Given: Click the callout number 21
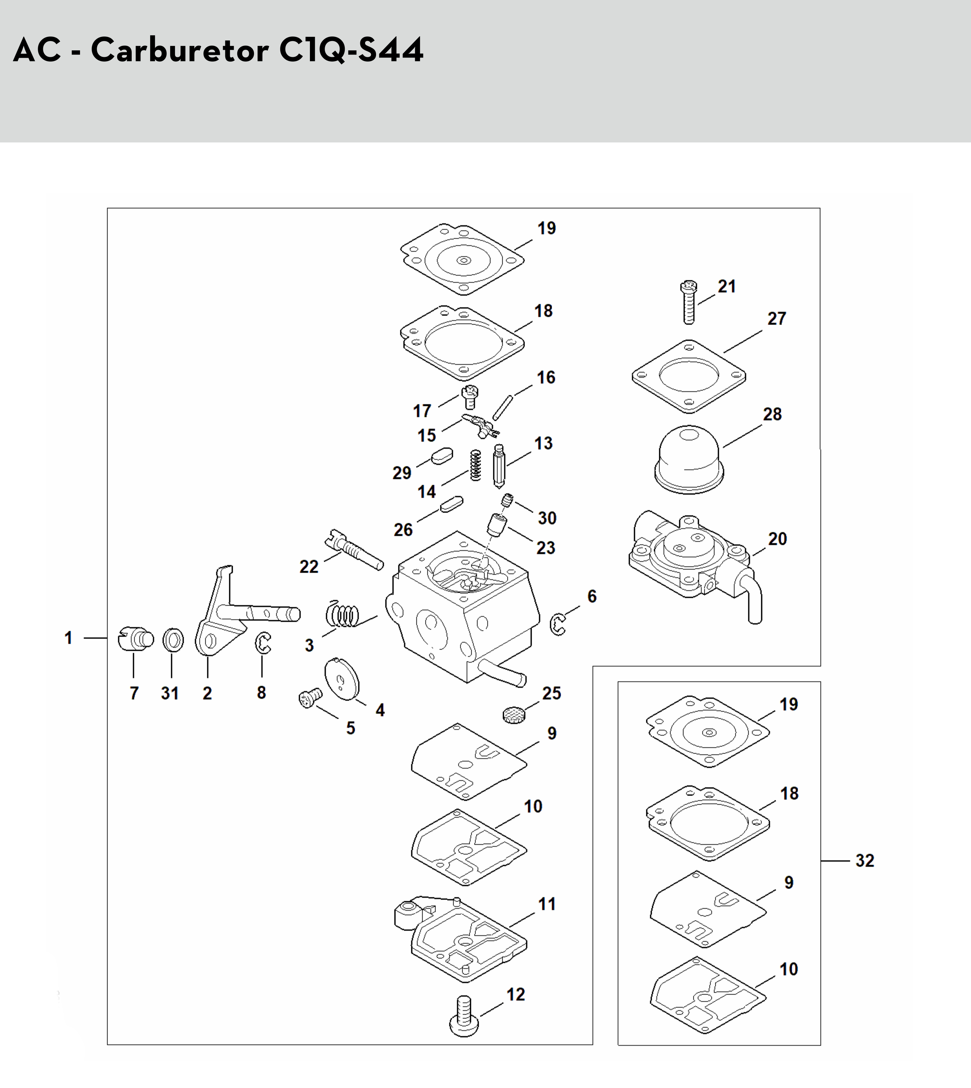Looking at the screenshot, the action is (x=727, y=287).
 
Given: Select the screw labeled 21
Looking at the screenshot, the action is (x=689, y=302).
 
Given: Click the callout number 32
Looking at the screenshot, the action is (x=865, y=861).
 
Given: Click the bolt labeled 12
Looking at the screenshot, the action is (x=464, y=1017).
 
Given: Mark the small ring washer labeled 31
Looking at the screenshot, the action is (x=173, y=640).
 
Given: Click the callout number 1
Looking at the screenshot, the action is (x=68, y=638).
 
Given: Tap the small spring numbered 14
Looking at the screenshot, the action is (x=475, y=465).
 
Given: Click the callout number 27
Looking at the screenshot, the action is (x=777, y=319).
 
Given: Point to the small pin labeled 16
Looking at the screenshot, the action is (x=503, y=407).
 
